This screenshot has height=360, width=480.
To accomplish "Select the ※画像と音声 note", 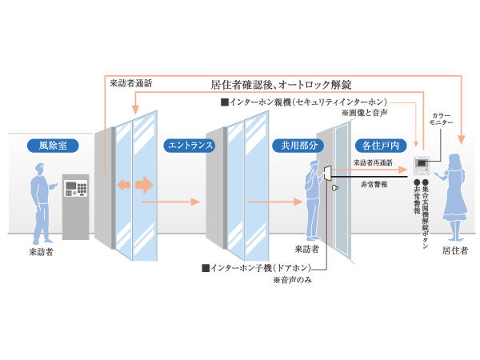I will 363,114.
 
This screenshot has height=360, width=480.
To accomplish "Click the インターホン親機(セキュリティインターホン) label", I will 305,102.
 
